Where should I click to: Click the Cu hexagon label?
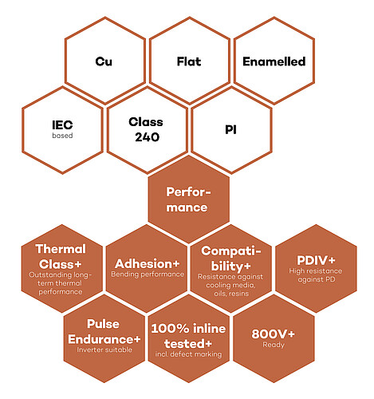tap(104, 61)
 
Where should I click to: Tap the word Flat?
tap(189, 61)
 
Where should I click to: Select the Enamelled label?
tap(274, 61)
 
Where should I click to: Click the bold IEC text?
tap(62, 124)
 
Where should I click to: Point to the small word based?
tap(62, 136)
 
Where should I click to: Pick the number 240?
tap(147, 137)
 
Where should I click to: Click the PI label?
tap(230, 130)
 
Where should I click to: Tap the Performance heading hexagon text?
tap(188, 199)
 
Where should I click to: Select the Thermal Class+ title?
tap(61, 257)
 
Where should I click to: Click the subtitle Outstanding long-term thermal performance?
tap(60, 283)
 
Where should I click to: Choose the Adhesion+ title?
tap(148, 264)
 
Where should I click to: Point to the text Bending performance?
tap(148, 275)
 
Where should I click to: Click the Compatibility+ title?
tap(231, 259)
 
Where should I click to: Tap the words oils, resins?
tap(231, 294)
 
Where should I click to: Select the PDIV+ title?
tap(316, 260)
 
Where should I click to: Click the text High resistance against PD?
tap(316, 275)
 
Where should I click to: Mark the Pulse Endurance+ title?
tap(104, 331)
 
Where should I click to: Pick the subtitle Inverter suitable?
tap(104, 350)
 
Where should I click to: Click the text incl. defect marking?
tap(188, 354)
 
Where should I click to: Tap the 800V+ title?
tap(274, 334)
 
